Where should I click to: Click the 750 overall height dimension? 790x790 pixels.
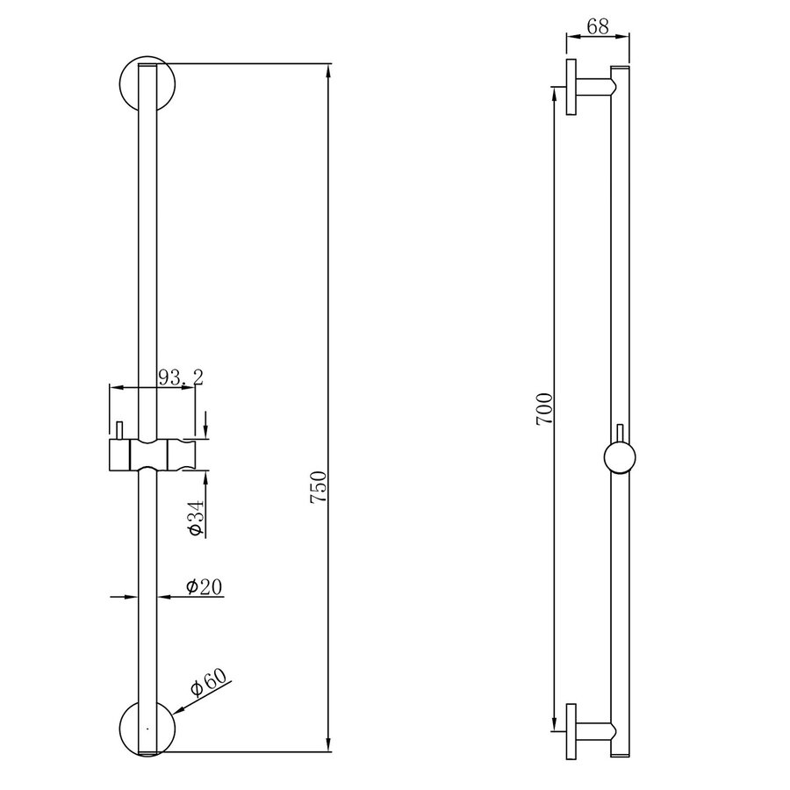coord(319,488)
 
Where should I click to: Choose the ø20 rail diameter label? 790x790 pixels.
coord(203,586)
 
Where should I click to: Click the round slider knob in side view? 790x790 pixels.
coord(621,457)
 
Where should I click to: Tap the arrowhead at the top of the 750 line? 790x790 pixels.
coord(329,69)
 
